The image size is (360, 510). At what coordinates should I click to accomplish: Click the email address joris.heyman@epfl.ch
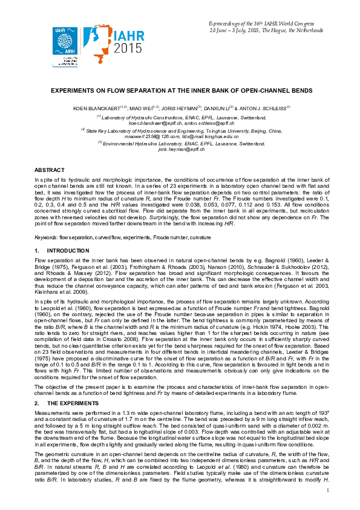click(x=179, y=149)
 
